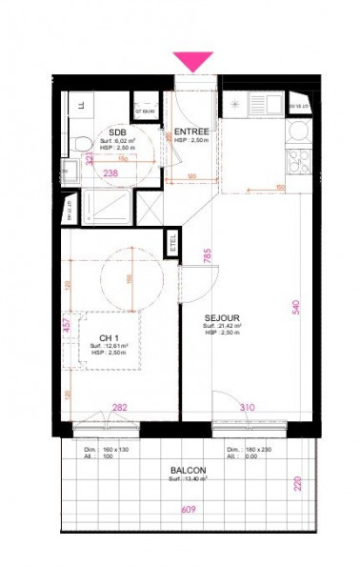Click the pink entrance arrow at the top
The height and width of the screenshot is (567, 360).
click(x=194, y=61)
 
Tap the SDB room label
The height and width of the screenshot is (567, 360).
click(x=118, y=132)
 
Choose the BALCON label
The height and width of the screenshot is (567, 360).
click(x=189, y=470)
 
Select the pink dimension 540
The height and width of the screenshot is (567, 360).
click(x=296, y=306)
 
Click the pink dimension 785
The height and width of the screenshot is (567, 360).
click(x=207, y=254)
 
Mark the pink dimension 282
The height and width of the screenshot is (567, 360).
click(x=121, y=407)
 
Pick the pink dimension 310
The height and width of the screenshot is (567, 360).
click(x=248, y=407)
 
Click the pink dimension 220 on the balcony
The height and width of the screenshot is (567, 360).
click(x=296, y=482)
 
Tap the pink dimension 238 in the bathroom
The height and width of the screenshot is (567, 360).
click(x=111, y=173)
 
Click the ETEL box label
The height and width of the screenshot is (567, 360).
click(x=173, y=239)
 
